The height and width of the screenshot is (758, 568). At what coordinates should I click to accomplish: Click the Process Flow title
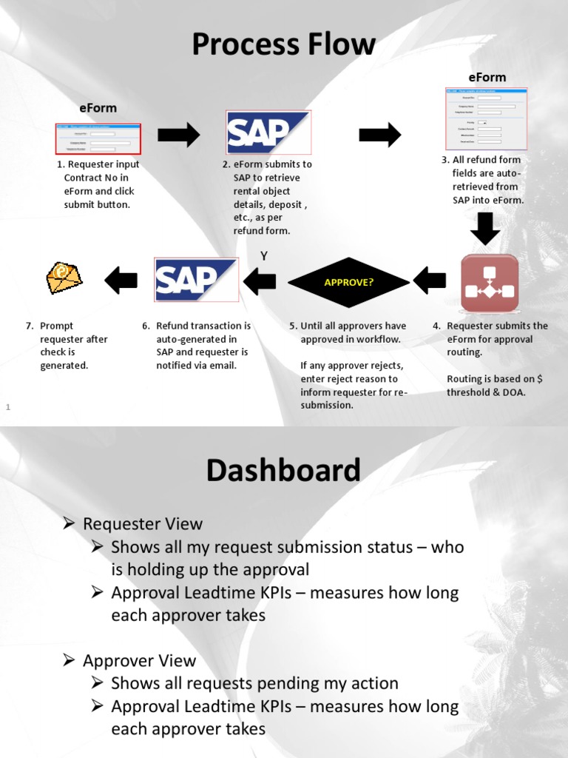(283, 44)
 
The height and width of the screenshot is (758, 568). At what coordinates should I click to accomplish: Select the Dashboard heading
(283, 470)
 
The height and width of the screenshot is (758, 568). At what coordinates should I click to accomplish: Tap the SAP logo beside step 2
(268, 133)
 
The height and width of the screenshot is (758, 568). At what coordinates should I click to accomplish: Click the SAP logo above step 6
(196, 279)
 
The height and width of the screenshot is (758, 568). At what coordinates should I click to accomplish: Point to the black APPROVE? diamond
(348, 282)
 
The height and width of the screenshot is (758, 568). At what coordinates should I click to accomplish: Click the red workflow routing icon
(490, 283)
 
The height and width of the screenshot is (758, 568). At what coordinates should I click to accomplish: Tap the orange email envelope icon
(64, 278)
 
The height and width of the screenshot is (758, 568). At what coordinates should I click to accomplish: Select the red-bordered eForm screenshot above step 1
(98, 138)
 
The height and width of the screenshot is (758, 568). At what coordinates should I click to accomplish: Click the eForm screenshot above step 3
(486, 117)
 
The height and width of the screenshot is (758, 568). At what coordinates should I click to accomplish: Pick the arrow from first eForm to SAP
(179, 135)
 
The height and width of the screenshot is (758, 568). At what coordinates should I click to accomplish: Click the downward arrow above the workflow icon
(485, 229)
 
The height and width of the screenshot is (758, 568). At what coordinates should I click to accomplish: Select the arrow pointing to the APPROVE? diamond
(430, 280)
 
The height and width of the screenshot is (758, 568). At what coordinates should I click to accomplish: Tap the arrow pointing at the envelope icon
(121, 280)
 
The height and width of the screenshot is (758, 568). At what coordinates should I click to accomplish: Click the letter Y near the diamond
(263, 256)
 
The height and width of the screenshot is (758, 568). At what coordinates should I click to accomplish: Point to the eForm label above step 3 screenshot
(487, 77)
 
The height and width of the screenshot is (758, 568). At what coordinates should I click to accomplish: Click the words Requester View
(143, 524)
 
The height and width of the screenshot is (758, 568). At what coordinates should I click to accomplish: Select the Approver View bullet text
(140, 661)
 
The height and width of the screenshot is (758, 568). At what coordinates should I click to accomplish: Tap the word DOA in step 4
(515, 392)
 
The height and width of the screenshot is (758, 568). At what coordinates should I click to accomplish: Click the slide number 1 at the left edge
(8, 406)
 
